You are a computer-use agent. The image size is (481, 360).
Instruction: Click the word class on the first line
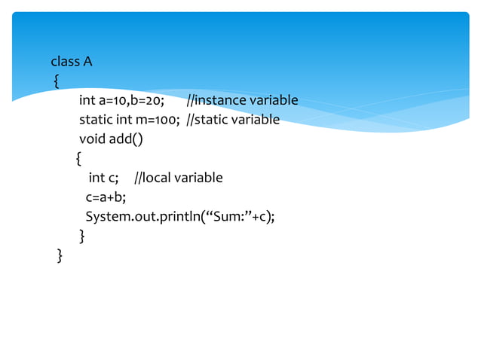pos(65,61)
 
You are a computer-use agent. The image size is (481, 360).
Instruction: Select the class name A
pos(87,61)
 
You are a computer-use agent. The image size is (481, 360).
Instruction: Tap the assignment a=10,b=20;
pos(132,100)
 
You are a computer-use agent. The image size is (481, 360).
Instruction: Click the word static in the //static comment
pos(213,120)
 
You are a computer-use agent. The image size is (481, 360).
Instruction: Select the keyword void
pos(92,139)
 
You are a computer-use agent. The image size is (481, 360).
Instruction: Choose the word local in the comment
pos(157,178)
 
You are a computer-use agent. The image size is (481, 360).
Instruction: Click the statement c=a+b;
pos(106,198)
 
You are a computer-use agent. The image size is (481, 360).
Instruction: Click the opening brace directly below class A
pos(56,81)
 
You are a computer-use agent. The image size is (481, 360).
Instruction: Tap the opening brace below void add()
pos(78,159)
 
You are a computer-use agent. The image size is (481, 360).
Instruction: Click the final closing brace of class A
pos(60,257)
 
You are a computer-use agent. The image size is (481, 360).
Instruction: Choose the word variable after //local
pos(198,178)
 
